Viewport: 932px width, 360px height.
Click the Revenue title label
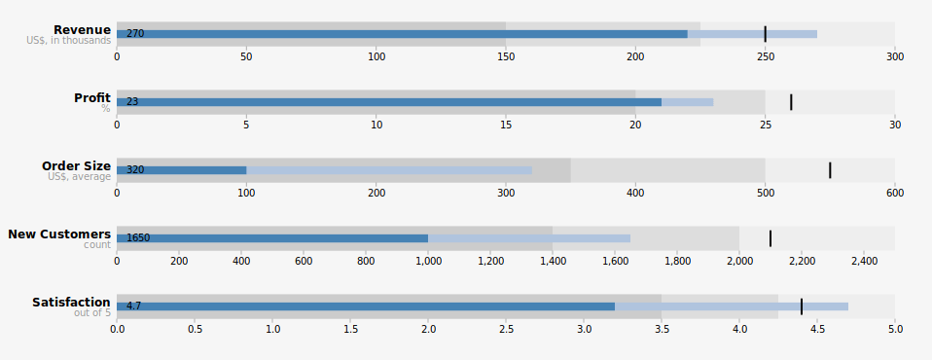(x=82, y=30)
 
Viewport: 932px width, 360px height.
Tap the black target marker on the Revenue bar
(x=765, y=34)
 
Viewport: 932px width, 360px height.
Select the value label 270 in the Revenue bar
(x=135, y=34)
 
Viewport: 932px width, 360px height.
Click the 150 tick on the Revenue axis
(x=506, y=57)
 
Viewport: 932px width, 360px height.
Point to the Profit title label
(x=92, y=97)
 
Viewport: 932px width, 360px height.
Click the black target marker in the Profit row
(x=791, y=102)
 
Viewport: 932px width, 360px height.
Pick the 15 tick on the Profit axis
(x=506, y=125)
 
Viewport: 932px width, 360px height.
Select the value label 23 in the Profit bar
(x=132, y=101)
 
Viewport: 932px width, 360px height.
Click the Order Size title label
(x=76, y=165)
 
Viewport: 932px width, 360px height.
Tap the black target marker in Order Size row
(x=830, y=170)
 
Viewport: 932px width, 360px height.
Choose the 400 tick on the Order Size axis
(x=635, y=193)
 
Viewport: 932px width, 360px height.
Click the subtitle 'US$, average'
(x=80, y=176)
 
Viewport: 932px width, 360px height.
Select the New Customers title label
(x=59, y=234)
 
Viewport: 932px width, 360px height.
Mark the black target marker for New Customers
(x=771, y=238)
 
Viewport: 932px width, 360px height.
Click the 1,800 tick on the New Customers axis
(x=677, y=261)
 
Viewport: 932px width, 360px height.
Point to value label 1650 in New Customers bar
(x=138, y=237)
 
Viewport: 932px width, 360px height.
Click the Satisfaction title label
(x=71, y=303)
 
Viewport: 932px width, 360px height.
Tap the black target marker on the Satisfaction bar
(x=802, y=306)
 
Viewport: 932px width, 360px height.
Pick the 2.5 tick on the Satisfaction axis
(x=506, y=329)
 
